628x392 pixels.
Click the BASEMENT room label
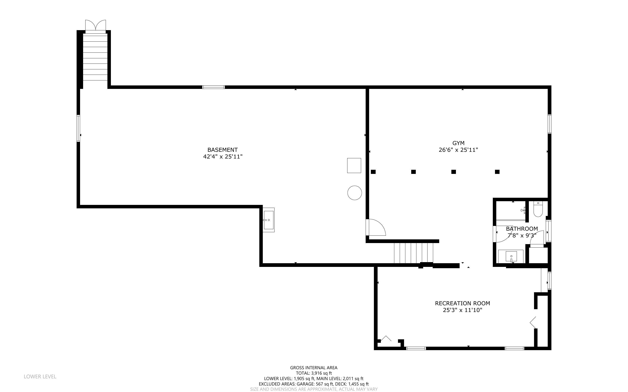pyautogui.click(x=222, y=150)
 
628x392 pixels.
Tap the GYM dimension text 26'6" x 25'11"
pyautogui.click(x=458, y=150)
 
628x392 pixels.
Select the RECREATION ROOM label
pyautogui.click(x=462, y=303)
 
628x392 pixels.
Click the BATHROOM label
pyautogui.click(x=522, y=229)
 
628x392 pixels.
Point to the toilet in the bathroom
pyautogui.click(x=538, y=209)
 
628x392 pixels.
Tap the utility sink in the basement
pyautogui.click(x=268, y=220)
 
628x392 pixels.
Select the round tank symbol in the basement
pyautogui.click(x=355, y=193)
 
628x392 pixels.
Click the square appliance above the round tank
pyautogui.click(x=354, y=165)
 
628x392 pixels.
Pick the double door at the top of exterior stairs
pyautogui.click(x=95, y=25)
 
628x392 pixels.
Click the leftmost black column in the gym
pyautogui.click(x=373, y=172)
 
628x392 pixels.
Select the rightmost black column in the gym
pyautogui.click(x=497, y=172)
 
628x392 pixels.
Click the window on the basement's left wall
pyautogui.click(x=78, y=128)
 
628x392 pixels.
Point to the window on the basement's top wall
pyautogui.click(x=214, y=87)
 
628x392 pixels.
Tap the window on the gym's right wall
pyautogui.click(x=549, y=124)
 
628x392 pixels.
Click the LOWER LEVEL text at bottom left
pyautogui.click(x=40, y=376)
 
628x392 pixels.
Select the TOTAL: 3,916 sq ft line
pyautogui.click(x=314, y=373)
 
